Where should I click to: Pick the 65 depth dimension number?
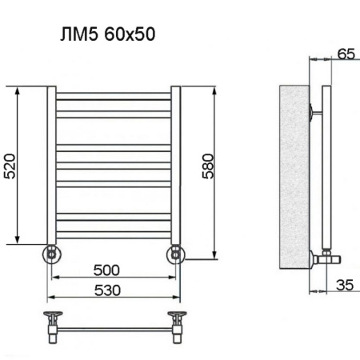(345, 55)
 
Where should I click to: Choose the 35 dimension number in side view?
(345, 283)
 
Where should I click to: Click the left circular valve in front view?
(51, 255)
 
